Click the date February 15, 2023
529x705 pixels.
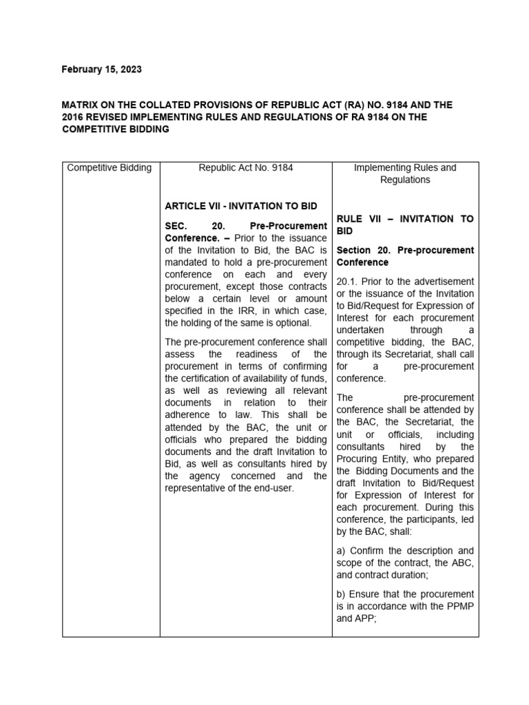click(x=102, y=70)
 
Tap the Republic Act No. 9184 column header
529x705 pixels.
click(x=245, y=167)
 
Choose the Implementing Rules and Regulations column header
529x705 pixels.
click(x=405, y=173)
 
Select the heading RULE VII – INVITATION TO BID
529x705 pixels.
click(x=405, y=225)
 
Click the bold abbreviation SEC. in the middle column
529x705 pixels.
click(x=178, y=226)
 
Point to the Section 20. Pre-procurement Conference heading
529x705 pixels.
click(x=405, y=256)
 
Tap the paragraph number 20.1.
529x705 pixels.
click(x=346, y=281)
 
